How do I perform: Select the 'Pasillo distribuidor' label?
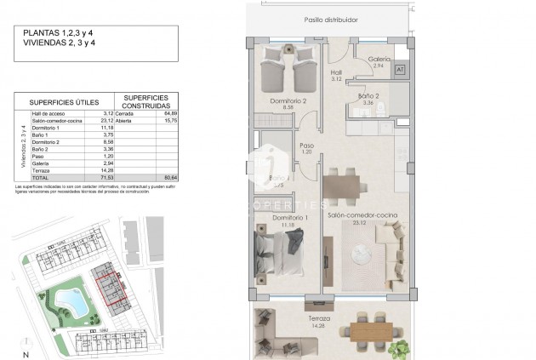point(330,19)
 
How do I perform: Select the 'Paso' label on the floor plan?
point(307,146)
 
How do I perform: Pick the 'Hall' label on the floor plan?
point(335,73)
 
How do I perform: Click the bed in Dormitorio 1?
point(277,253)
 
